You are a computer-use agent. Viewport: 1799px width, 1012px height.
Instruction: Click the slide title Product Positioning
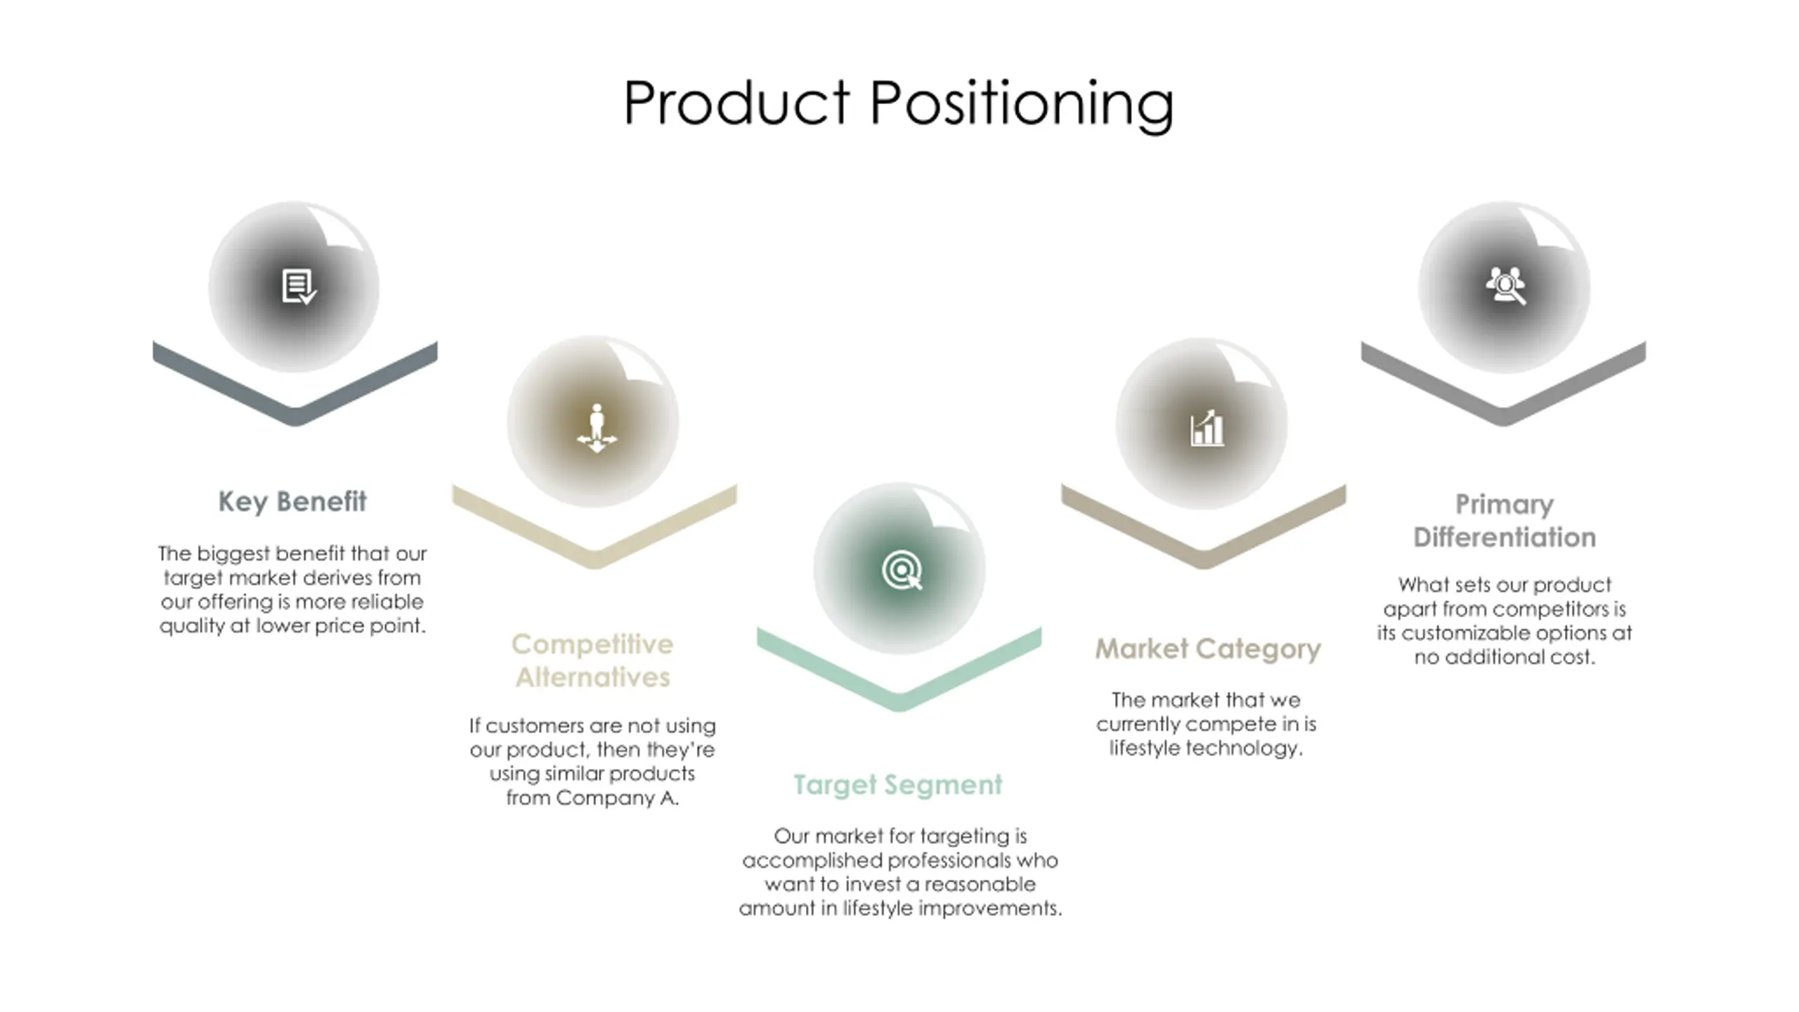898,103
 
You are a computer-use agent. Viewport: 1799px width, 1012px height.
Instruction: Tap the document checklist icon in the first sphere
298,287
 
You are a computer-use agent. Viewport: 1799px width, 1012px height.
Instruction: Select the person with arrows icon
597,428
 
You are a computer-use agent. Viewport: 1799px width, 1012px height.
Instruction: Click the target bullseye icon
902,570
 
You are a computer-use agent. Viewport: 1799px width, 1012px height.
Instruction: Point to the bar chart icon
1207,428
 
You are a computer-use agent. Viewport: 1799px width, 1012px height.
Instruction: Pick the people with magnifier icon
1505,285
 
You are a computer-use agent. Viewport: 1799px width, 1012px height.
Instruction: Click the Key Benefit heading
292,502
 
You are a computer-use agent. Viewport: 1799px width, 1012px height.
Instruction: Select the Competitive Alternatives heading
592,661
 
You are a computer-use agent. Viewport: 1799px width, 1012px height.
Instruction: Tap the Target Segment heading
897,785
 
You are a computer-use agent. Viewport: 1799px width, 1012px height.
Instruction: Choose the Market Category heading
1207,649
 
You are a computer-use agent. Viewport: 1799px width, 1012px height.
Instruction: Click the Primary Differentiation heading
1505,521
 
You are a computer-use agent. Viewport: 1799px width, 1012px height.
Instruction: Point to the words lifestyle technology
1206,748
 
